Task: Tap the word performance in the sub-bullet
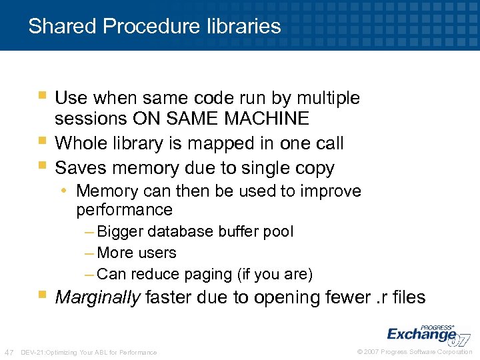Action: [124, 210]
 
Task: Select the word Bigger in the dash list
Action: [120, 231]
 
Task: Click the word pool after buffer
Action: [279, 231]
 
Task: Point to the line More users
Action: [137, 253]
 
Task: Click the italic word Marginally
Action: [97, 297]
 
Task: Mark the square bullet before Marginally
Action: [43, 293]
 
